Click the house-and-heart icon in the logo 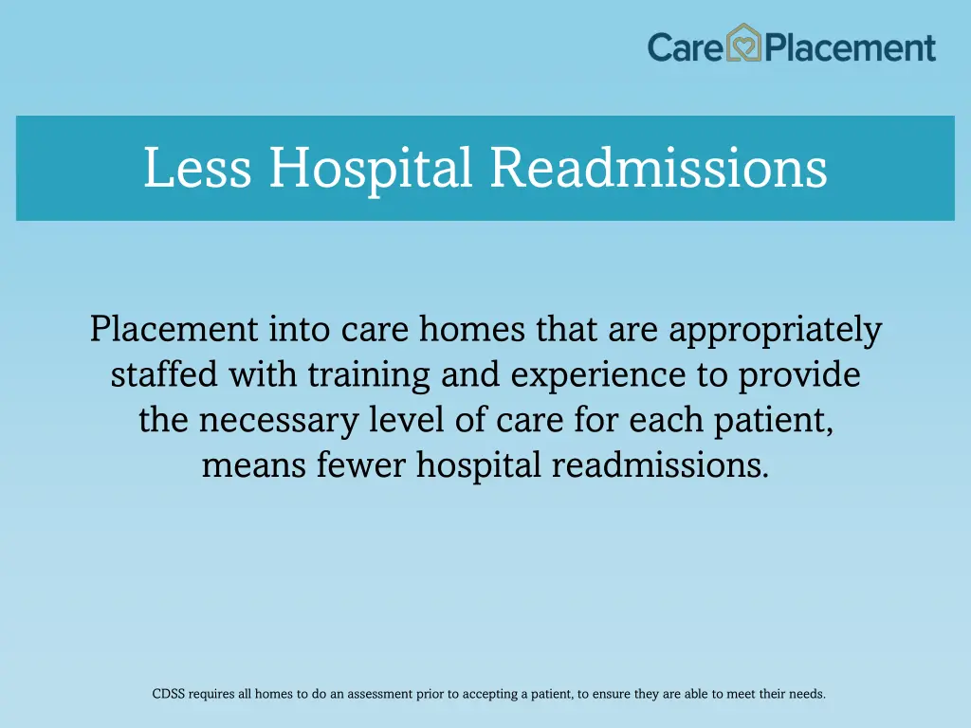[744, 45]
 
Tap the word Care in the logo [686, 46]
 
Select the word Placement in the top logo [851, 47]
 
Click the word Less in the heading [197, 168]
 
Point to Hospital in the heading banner [370, 168]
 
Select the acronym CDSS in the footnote [168, 694]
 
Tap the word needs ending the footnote [806, 694]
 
